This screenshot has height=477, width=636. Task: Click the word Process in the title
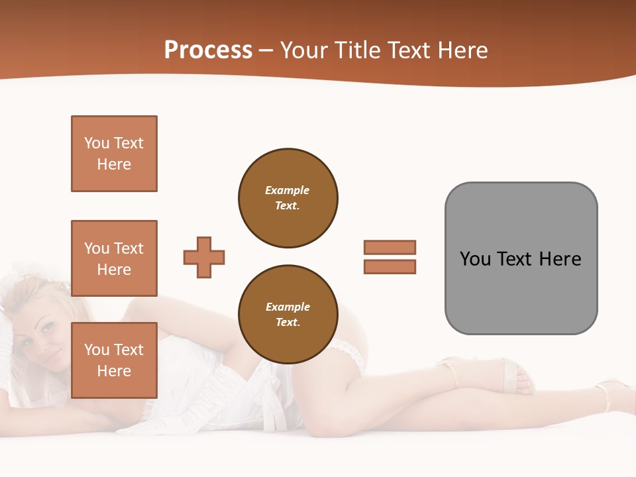coord(208,50)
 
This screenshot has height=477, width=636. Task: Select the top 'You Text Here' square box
coord(114,154)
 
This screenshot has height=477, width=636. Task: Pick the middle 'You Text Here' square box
coord(114,258)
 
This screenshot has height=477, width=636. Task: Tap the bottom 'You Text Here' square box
coord(114,360)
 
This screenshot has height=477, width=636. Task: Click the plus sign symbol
coord(204,257)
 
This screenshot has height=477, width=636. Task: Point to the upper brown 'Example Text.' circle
coord(288,198)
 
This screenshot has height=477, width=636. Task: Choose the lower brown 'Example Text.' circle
coord(288,315)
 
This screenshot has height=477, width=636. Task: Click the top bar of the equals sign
coord(390,247)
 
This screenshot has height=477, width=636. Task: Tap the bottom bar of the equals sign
coord(390,266)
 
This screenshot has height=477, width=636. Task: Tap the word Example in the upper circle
coord(288,190)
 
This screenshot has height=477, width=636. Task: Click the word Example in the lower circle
coord(288,307)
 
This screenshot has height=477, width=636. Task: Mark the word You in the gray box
coord(475,259)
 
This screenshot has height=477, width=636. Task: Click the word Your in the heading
coord(303,50)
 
